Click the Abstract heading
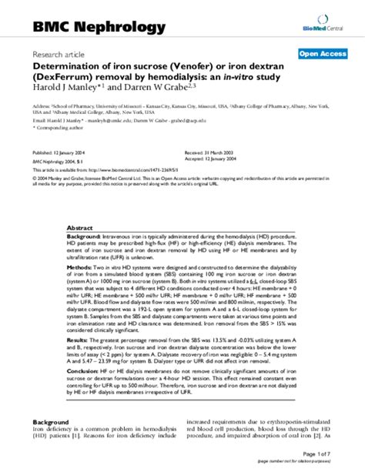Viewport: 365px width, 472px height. click(x=80, y=229)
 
